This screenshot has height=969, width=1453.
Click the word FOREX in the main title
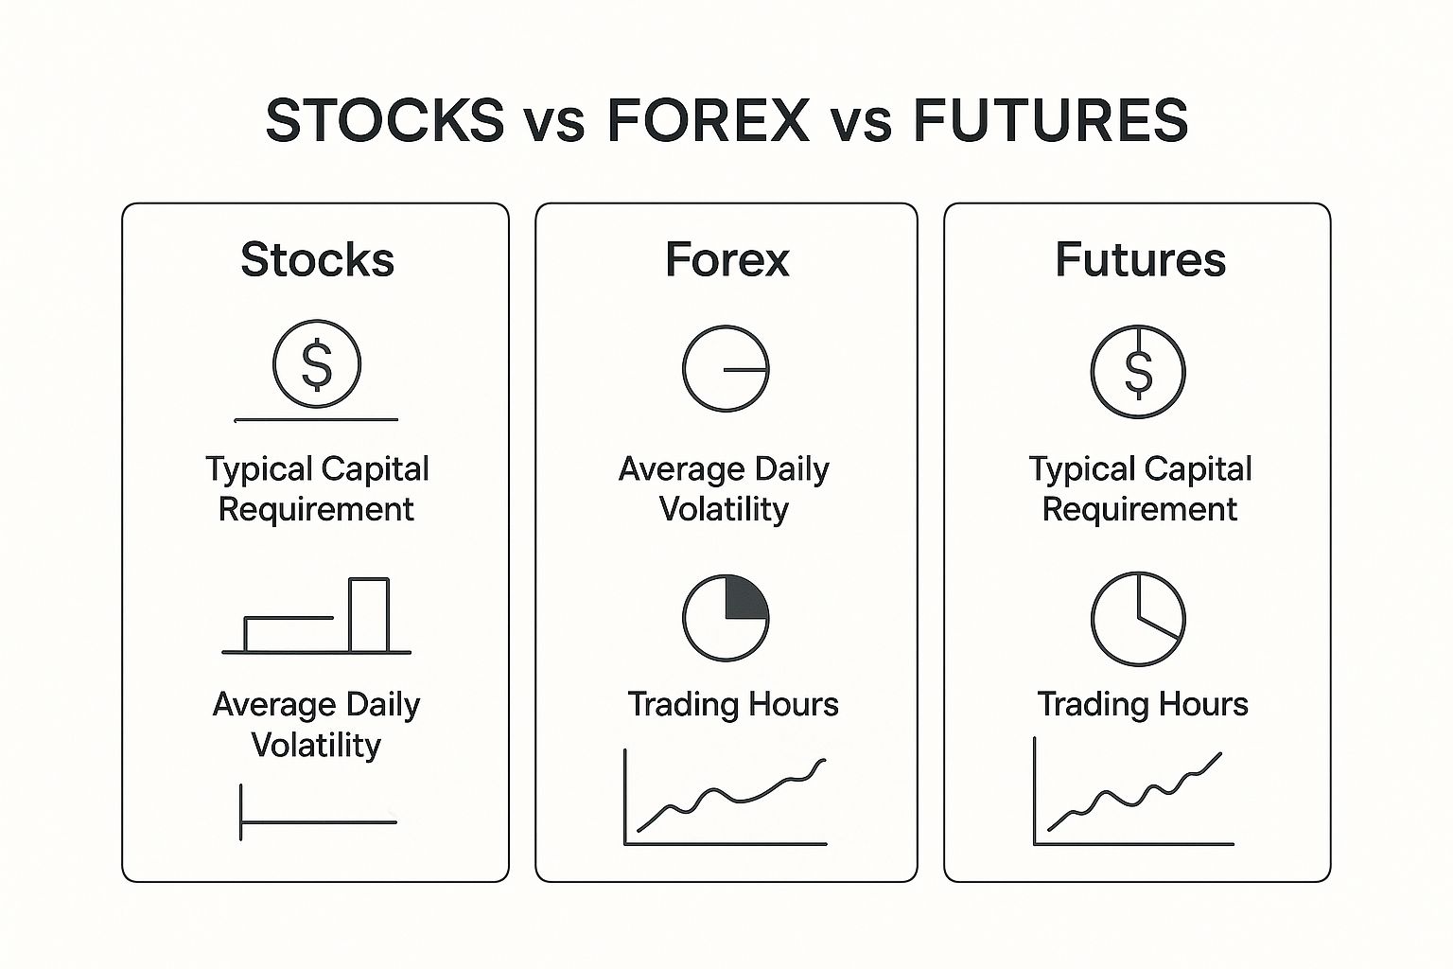709,120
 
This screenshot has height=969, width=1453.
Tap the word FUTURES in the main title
1051,120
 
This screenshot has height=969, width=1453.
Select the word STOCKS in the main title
385,120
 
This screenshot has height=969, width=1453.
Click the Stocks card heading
317,259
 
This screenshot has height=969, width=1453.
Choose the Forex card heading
727,259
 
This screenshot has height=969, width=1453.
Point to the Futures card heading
1140,259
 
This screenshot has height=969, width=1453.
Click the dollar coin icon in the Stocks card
317,363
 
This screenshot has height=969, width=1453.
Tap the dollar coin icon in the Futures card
1138,372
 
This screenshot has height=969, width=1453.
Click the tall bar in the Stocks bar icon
369,615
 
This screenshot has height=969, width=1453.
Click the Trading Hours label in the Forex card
733,705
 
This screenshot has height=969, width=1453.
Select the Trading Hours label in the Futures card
1143,705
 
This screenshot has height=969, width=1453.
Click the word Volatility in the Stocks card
316,745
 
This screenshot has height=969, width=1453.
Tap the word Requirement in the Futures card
1140,509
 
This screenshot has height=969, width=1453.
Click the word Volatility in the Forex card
724,509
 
